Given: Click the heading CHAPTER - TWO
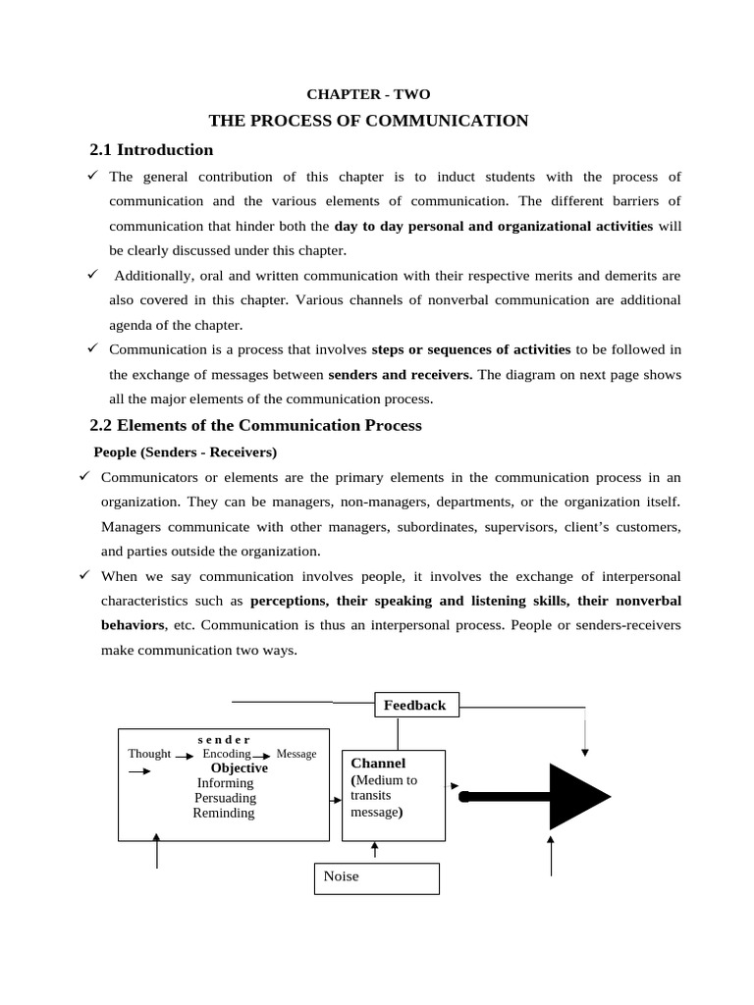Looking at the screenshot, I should pos(368,94).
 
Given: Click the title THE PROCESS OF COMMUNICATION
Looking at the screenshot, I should pos(368,121).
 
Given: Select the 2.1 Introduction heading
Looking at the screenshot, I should pos(151,150).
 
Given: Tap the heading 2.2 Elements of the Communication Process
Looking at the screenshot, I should pos(255,425).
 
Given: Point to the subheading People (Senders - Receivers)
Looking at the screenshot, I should pos(186,452).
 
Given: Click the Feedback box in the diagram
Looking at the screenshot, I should pos(416,705).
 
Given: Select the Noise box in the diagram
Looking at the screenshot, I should pos(376,877).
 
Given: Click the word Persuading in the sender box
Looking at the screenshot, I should pos(225,798).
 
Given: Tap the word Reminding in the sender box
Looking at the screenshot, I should pos(224,813).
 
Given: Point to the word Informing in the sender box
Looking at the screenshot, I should pos(225,783).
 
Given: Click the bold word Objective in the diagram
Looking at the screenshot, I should pos(239,768).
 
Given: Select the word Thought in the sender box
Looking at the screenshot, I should pos(149,754).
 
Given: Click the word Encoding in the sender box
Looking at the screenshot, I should pos(227,754).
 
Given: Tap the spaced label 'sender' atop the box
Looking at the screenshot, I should pos(224,739).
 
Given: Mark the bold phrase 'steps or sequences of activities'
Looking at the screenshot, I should pos(471,348).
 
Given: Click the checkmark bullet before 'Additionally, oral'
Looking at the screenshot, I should pos(91,275).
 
